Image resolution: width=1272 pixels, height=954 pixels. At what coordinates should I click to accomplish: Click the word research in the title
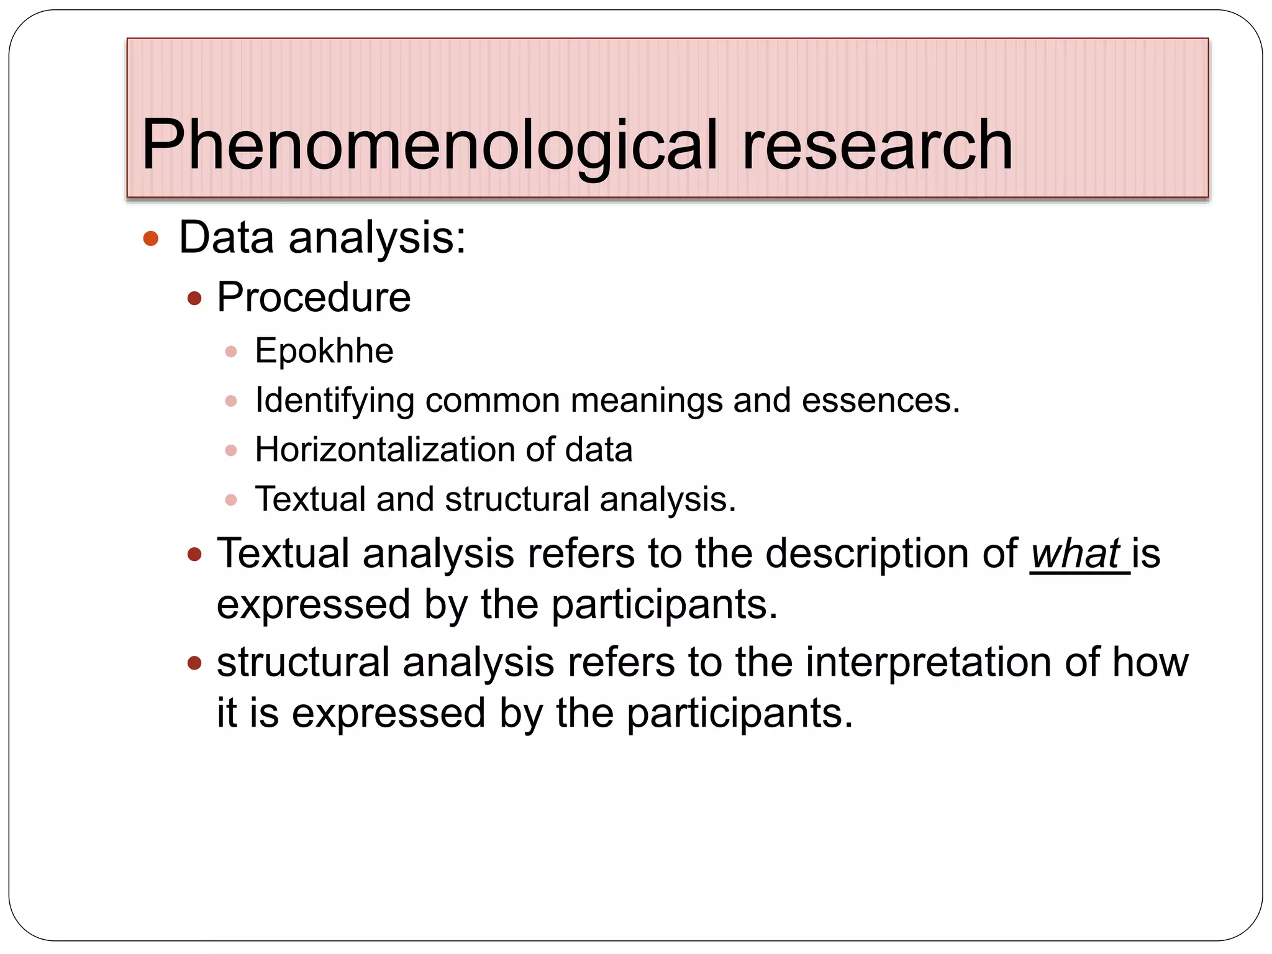(877, 147)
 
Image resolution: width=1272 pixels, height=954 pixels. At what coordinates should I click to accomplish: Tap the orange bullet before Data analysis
(151, 238)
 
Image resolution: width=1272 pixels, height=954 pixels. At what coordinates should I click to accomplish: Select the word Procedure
(314, 298)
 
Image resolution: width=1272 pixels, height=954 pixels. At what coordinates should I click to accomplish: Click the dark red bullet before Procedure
(194, 299)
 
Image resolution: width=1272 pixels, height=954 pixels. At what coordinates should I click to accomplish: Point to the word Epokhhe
(324, 351)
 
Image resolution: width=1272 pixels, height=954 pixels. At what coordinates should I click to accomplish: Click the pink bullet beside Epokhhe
(231, 352)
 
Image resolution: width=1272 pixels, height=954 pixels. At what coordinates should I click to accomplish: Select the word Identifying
(335, 401)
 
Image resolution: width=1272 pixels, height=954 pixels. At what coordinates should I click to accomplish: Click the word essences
(881, 401)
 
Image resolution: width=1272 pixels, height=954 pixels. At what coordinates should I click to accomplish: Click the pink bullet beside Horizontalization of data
(231, 450)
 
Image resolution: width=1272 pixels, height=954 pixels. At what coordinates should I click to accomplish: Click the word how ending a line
(1150, 662)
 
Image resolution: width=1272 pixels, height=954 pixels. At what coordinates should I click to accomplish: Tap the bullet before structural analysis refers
(194, 663)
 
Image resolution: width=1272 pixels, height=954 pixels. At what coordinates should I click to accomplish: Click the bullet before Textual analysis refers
(194, 554)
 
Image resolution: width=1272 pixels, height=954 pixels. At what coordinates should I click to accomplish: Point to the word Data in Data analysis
(227, 238)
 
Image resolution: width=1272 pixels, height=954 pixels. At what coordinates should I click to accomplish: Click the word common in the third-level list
(493, 401)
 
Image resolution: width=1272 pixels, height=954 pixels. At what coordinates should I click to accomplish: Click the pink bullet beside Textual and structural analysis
(231, 499)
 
